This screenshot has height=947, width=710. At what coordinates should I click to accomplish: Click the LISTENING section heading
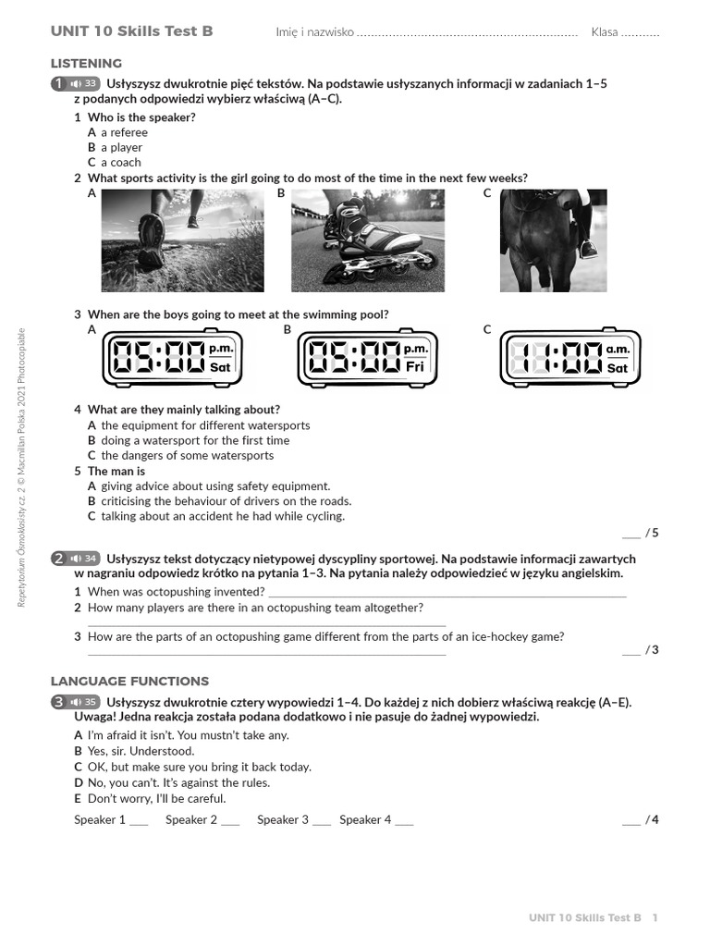[86, 64]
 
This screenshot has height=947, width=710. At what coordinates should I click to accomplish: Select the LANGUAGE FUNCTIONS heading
[129, 682]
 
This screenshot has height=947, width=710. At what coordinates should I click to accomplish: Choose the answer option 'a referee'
[124, 132]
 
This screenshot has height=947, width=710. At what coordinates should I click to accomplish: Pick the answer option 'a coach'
[121, 163]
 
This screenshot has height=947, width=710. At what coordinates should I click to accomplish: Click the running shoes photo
[182, 240]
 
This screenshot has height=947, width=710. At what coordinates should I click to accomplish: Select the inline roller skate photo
[367, 240]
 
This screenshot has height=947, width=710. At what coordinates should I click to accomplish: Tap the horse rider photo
[553, 240]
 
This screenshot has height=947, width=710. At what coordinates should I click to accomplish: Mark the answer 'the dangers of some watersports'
[187, 456]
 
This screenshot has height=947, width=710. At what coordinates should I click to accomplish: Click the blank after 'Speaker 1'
[139, 820]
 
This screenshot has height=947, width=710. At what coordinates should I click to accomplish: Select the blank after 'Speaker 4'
[404, 820]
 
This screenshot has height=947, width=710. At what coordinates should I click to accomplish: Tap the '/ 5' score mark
[653, 533]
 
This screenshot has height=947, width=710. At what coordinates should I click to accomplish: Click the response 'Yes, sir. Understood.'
[148, 752]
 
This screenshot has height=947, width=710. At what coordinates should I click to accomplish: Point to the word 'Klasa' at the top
[605, 32]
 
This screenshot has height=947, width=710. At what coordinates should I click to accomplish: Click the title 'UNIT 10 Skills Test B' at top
[131, 31]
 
